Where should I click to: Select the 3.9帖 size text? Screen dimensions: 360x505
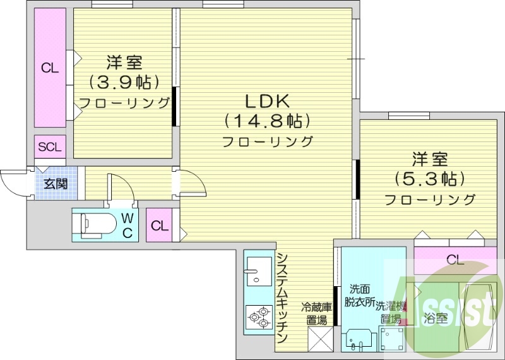(x=124, y=82)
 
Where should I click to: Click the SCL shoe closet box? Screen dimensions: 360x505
(x=50, y=147)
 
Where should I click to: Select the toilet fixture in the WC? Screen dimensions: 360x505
(x=95, y=224)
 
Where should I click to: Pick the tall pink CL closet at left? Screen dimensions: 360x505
(x=50, y=68)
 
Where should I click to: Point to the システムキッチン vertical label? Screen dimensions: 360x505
(x=283, y=297)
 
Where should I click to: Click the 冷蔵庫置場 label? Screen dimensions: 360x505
(x=317, y=314)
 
